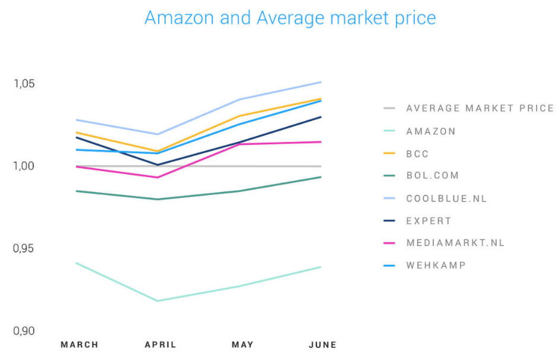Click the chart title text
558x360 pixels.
[290, 17]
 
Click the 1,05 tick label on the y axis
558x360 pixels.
[24, 83]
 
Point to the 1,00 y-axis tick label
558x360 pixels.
[24, 166]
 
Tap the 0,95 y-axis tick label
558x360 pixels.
[24, 248]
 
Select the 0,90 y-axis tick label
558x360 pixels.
[24, 331]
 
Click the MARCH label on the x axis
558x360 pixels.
[80, 345]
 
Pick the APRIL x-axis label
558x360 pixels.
[161, 345]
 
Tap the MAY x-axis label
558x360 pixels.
[242, 345]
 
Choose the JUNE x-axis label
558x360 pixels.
[323, 345]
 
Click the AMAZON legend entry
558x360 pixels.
[431, 131]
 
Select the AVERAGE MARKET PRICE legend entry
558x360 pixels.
[480, 108]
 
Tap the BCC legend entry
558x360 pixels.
[417, 154]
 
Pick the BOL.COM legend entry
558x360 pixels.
[433, 176]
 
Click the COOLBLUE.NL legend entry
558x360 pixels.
[446, 198]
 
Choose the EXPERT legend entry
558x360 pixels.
[428, 221]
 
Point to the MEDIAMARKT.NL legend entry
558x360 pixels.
[455, 243]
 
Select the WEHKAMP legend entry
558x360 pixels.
[436, 265]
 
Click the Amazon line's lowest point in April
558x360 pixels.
[158, 301]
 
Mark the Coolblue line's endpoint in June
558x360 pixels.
[321, 82]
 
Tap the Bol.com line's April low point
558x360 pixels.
[158, 199]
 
